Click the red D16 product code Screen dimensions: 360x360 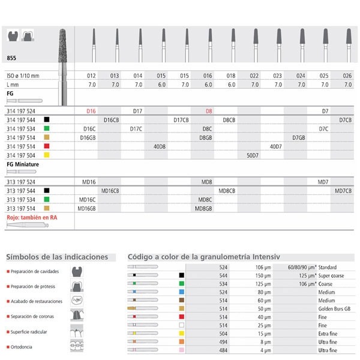92,112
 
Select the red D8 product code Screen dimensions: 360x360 208,112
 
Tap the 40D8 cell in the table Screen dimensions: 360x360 161,146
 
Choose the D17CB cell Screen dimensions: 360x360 181,120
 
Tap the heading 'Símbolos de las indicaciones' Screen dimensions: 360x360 57,257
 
